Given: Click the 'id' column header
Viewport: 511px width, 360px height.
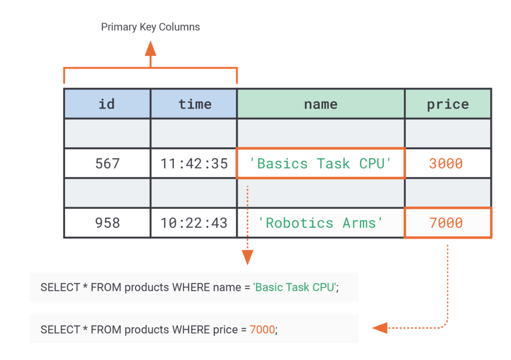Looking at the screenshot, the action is [x=107, y=104].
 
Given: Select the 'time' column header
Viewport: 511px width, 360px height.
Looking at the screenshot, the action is [x=194, y=104].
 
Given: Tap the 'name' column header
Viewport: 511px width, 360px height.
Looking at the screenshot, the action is [x=321, y=104].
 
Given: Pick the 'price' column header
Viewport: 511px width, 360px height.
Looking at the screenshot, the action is [x=448, y=104].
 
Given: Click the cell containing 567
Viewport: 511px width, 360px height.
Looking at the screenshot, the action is [x=107, y=163].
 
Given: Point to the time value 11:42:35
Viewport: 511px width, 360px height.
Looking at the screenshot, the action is [x=194, y=163].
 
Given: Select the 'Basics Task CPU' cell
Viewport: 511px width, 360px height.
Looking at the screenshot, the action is [x=321, y=163].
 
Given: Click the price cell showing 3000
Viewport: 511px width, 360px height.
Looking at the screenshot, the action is [x=448, y=163].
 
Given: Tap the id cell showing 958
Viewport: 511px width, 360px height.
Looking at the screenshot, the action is [x=107, y=223].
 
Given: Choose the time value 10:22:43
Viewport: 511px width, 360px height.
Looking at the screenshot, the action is [x=194, y=223].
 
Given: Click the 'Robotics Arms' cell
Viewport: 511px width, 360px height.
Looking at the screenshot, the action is [x=321, y=223].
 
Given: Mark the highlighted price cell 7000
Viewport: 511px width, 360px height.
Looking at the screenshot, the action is [x=448, y=223].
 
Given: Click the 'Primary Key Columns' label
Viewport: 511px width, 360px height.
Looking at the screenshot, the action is [x=150, y=27].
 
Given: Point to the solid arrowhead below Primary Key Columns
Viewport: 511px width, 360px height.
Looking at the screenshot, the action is [x=151, y=49].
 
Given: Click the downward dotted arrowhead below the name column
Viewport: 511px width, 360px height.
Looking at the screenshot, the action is [x=247, y=257].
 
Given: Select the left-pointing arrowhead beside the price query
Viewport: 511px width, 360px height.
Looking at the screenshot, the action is [x=380, y=328].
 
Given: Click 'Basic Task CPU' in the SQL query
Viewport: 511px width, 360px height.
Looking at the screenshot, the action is [x=295, y=287].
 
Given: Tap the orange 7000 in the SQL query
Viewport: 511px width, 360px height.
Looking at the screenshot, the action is [x=262, y=330].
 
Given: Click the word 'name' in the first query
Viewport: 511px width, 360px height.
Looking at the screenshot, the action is [x=227, y=287].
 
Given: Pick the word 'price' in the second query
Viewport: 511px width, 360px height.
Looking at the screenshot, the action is [x=225, y=330].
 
